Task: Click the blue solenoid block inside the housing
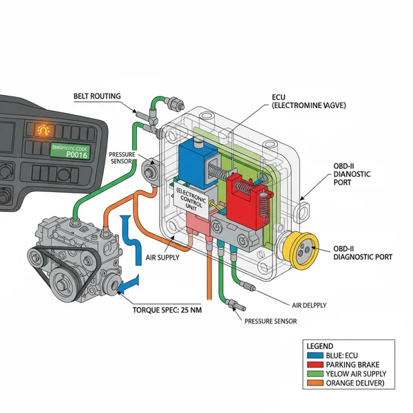pyautogui.click(x=195, y=162)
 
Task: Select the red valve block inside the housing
pyautogui.click(x=247, y=199)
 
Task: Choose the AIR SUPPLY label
pyautogui.click(x=164, y=257)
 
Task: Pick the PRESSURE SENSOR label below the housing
pyautogui.click(x=271, y=321)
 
